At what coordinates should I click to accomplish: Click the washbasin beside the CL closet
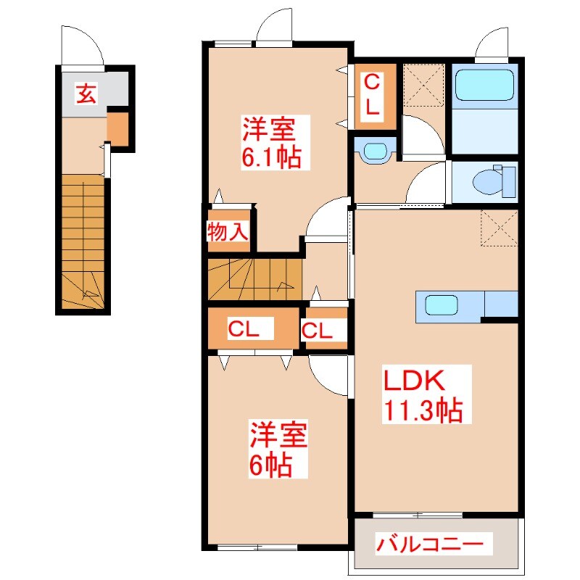point(375,151)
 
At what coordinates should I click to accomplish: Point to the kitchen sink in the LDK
point(440,305)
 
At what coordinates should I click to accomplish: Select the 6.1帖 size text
point(271,157)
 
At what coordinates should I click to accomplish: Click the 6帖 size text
point(270,465)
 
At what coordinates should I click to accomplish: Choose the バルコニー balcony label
point(429,544)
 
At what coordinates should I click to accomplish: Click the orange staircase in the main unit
point(254,278)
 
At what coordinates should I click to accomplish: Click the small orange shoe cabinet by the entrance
point(117,128)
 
